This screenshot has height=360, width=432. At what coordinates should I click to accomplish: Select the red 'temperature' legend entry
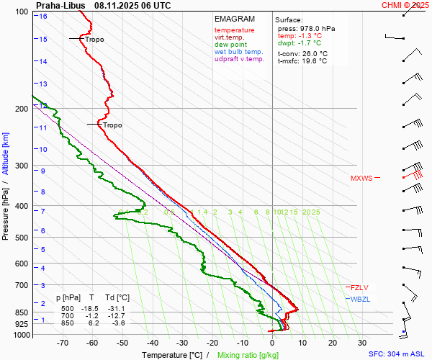235,30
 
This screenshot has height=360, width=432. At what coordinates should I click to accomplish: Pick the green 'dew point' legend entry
230,45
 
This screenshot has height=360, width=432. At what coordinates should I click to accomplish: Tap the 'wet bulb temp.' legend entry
239,52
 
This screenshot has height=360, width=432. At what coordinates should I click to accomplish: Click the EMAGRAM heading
235,19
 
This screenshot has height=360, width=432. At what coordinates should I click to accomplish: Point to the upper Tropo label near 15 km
94,39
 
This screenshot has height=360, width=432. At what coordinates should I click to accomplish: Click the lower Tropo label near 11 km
112,125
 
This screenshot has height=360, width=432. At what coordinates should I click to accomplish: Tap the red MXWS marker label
362,178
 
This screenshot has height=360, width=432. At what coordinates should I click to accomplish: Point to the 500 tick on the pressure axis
20,238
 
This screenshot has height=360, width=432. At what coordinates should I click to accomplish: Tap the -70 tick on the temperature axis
63,343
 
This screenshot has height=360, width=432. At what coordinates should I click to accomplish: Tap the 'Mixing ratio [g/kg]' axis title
248,355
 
